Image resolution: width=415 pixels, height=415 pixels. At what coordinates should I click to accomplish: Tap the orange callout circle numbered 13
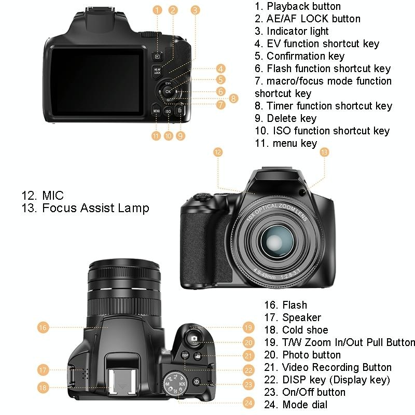(x=324, y=152)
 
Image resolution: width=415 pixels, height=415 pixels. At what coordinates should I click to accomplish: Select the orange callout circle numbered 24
(x=249, y=403)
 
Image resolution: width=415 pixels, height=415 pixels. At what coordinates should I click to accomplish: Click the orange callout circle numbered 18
(x=43, y=387)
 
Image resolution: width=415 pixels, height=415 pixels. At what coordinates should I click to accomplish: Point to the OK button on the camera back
(x=168, y=92)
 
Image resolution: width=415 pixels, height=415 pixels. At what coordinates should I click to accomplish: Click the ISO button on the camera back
(x=168, y=111)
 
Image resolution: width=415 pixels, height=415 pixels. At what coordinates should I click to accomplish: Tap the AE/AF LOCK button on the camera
(x=157, y=72)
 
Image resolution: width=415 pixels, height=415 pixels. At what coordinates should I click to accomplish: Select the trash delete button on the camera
(x=179, y=110)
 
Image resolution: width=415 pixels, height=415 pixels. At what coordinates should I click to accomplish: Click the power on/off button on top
(x=197, y=381)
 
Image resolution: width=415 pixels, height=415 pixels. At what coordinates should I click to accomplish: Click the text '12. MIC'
(x=43, y=196)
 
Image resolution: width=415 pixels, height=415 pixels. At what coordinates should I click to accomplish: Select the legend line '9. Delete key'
(x=285, y=118)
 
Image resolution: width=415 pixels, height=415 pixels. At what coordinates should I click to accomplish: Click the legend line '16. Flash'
(x=285, y=305)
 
